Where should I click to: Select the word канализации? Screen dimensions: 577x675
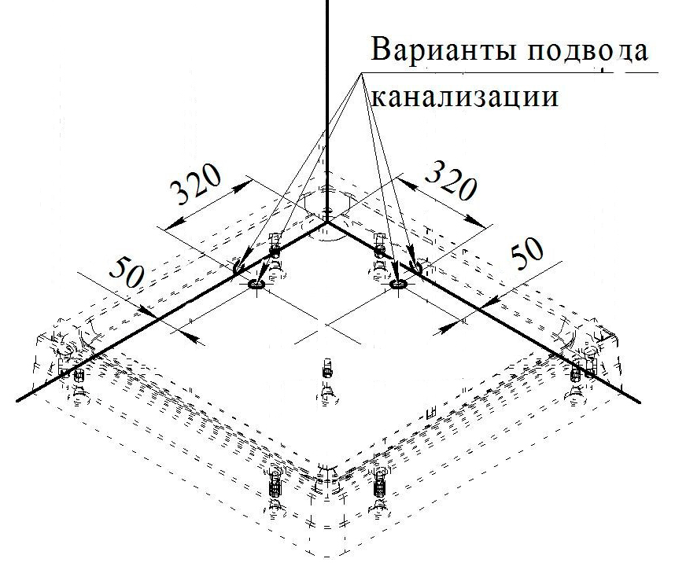[464, 97]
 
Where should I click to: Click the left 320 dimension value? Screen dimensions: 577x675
[196, 186]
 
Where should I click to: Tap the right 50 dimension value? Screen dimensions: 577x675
[528, 253]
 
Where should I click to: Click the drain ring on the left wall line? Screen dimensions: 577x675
[240, 268]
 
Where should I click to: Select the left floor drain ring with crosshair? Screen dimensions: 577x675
[256, 285]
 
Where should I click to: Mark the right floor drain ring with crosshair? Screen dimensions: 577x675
[398, 285]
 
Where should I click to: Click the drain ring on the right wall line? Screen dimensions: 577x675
[415, 268]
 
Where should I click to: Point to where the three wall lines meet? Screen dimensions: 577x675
[326, 222]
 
